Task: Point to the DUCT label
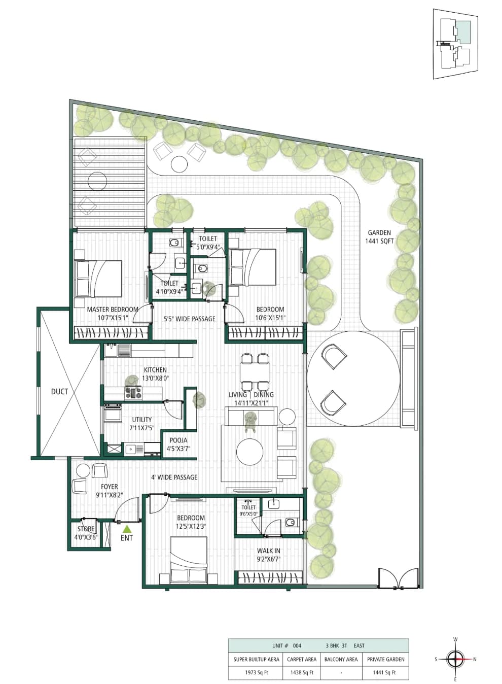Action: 59,391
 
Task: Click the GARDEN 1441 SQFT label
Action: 379,237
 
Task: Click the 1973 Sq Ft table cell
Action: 257,672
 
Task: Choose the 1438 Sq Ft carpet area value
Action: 302,672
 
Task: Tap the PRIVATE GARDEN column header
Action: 386,659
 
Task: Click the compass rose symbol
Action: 455,659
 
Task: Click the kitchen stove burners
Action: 133,393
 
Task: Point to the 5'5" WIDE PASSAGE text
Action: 190,319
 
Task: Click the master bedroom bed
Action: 98,279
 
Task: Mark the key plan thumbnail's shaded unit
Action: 463,32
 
